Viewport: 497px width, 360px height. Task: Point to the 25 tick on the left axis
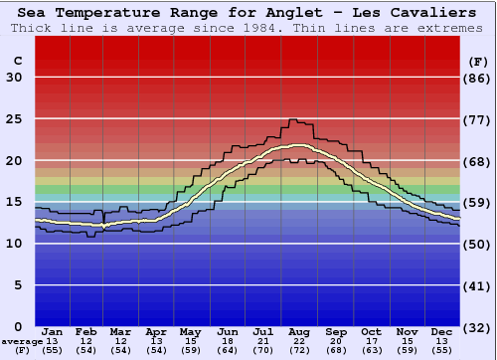point(13,119)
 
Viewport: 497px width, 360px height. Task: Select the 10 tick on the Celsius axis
point(13,244)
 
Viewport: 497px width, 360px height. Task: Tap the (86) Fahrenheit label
point(478,78)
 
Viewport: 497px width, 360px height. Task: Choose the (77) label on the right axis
point(478,119)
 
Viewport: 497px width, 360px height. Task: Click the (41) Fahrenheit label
point(478,285)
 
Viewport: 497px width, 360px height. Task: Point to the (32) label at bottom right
point(478,327)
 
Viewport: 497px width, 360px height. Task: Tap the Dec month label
point(442,331)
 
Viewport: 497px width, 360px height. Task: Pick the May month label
point(190,331)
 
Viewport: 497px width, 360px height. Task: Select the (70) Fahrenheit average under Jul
point(264,350)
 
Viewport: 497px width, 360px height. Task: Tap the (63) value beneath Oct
point(371,350)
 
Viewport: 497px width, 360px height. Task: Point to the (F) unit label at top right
point(478,61)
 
